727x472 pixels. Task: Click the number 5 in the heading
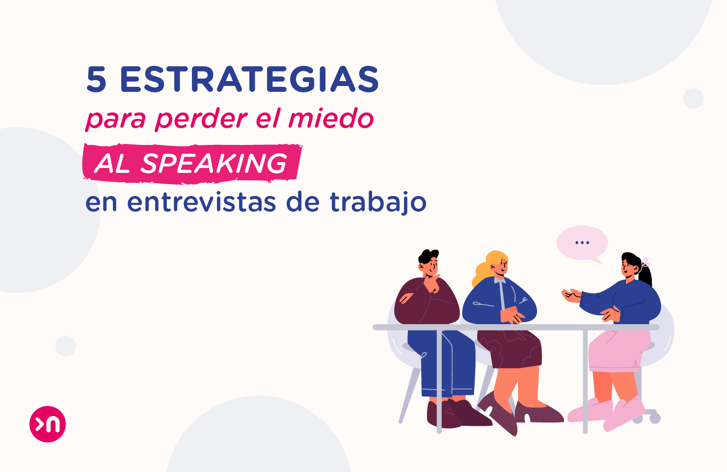pos(96,80)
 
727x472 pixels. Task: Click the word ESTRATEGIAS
pos(249,80)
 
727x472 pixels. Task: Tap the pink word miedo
pos(331,119)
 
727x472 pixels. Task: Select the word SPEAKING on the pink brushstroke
pos(214,164)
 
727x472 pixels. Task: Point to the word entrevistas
pos(201,202)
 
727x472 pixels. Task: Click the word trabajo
pos(377,202)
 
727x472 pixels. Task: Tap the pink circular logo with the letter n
pos(48,424)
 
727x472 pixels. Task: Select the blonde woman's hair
pos(486,268)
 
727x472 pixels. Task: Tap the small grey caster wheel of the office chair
pos(655,418)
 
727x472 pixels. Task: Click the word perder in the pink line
pos(201,119)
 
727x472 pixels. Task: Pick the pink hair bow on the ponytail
pos(645,263)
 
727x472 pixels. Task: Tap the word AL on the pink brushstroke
pos(112,164)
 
